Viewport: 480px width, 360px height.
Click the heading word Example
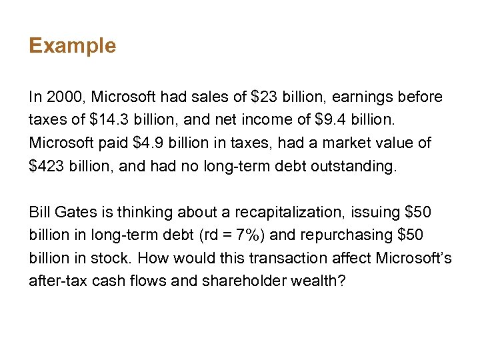[72, 46]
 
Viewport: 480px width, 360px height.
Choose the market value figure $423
[48, 165]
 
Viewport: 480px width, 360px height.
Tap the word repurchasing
[352, 235]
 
